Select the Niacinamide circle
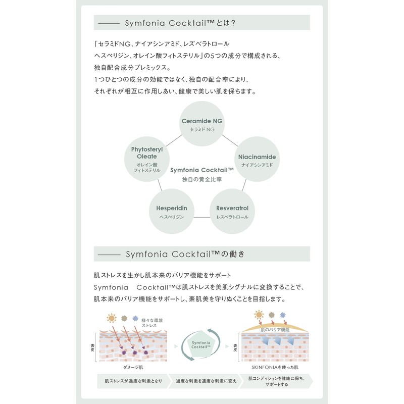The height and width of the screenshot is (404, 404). [x=257, y=160]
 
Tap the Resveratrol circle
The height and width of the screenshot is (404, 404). [x=232, y=212]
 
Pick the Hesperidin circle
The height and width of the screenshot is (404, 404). [x=171, y=212]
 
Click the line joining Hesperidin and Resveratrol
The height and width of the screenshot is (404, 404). [x=202, y=217]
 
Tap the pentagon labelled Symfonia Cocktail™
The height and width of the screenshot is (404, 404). [x=202, y=344]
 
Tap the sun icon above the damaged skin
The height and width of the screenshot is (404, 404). [x=111, y=318]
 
